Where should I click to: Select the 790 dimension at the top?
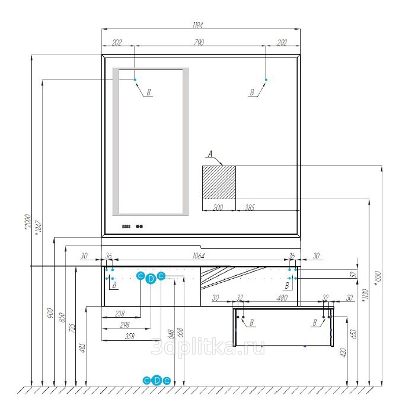click(200, 42)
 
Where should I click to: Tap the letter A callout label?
click(209, 154)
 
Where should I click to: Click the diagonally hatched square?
click(219, 183)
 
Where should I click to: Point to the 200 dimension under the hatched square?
click(218, 208)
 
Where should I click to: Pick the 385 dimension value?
click(250, 208)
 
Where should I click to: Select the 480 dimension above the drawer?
click(283, 298)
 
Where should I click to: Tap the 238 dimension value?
click(120, 314)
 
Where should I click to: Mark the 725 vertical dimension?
click(72, 328)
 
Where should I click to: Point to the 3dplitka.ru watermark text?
click(207, 347)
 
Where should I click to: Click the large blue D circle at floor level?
click(157, 380)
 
